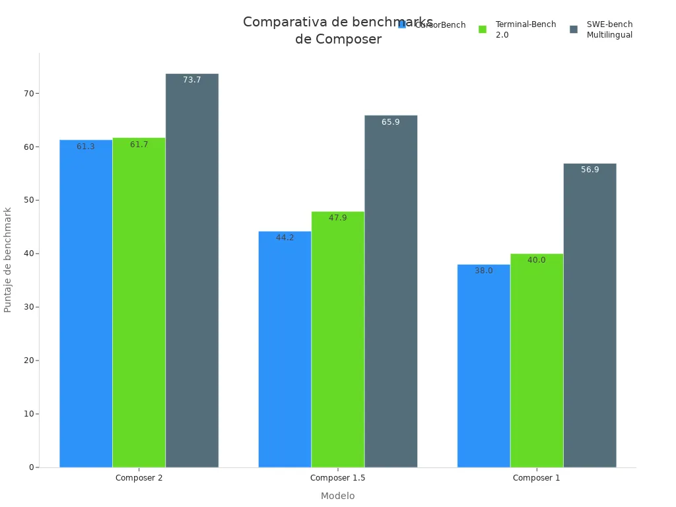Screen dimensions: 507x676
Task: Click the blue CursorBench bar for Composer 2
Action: click(86, 304)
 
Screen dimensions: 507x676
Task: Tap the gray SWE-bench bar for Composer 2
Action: click(192, 271)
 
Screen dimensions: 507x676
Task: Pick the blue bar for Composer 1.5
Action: click(285, 349)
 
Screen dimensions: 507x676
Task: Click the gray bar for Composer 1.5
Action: click(391, 291)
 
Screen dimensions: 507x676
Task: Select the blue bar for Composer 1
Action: click(483, 366)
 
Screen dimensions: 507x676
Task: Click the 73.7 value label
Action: click(192, 80)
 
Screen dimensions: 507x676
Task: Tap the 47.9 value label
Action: click(337, 218)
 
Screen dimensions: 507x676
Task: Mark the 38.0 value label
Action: click(483, 271)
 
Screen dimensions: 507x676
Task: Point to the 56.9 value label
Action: click(590, 170)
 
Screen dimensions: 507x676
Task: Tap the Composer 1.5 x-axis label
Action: click(337, 478)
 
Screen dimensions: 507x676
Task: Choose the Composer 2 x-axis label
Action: click(139, 478)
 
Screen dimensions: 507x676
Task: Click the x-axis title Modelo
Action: click(337, 496)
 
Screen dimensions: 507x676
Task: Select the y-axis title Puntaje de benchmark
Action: click(8, 259)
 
